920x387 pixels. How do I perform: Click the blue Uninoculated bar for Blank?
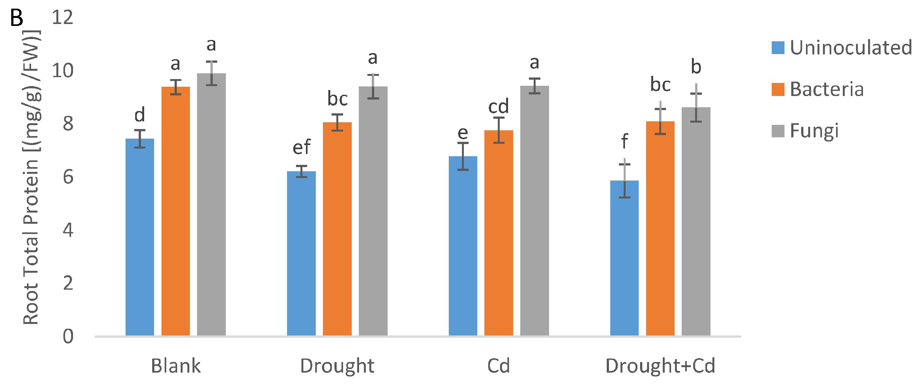tap(140, 237)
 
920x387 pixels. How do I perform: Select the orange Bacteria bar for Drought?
tap(337, 229)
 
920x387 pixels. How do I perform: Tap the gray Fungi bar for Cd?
tap(534, 211)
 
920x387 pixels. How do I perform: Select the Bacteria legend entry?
tap(826, 89)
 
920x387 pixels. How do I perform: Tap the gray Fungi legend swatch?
tap(778, 131)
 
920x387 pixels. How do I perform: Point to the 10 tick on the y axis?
tap(62, 71)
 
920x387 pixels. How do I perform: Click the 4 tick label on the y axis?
tap(68, 230)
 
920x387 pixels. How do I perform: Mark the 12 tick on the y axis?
tap(62, 17)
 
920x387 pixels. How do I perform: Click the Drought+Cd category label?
tap(660, 366)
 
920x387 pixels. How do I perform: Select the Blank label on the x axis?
tap(176, 366)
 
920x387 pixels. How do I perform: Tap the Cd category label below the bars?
tap(498, 366)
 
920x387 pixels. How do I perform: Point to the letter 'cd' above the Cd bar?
tap(498, 106)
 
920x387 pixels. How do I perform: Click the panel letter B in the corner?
tap(16, 18)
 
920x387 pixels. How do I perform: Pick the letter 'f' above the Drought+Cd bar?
tap(624, 141)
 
